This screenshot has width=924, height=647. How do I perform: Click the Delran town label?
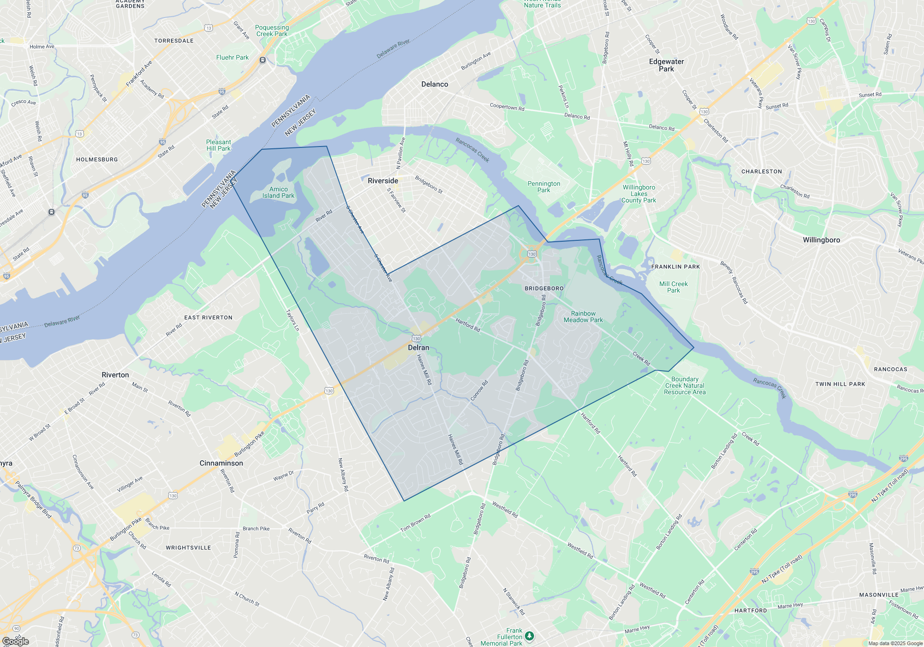(419, 348)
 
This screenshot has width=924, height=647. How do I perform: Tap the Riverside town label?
(383, 181)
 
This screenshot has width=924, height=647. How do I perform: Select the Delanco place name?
(434, 84)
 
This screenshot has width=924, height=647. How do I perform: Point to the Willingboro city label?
(821, 240)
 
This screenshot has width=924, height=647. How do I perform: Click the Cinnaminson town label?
(221, 463)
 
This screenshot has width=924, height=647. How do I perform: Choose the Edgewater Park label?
(666, 65)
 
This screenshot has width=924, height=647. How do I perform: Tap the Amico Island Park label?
(278, 192)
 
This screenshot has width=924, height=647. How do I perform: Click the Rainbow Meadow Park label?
(583, 317)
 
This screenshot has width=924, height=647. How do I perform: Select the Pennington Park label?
(544, 187)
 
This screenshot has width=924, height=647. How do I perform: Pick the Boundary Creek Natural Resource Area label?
(685, 385)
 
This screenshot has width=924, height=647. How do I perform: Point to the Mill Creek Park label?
(673, 287)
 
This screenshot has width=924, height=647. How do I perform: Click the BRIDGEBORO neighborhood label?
(544, 288)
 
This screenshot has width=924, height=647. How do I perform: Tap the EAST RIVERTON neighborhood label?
(208, 317)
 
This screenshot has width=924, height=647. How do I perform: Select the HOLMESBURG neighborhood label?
(97, 159)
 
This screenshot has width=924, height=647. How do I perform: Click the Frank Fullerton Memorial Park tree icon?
(529, 636)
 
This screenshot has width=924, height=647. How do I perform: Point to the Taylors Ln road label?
(293, 320)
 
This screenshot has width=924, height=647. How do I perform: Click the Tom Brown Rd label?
(415, 522)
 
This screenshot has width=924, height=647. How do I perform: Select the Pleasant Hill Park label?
(218, 145)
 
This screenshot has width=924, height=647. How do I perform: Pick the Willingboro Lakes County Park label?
(638, 194)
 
